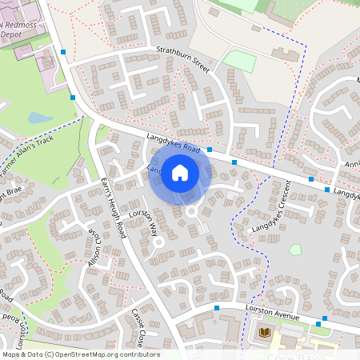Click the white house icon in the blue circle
[x=180, y=171]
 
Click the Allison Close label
[x=94, y=250]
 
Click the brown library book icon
[x=266, y=331]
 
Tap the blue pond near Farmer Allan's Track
[x=38, y=118]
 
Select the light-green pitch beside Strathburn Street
[x=238, y=60]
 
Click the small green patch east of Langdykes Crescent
[x=295, y=250]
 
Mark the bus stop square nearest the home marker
[x=210, y=150]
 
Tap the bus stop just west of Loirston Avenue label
[x=217, y=306]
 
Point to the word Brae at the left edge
[x=16, y=193]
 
